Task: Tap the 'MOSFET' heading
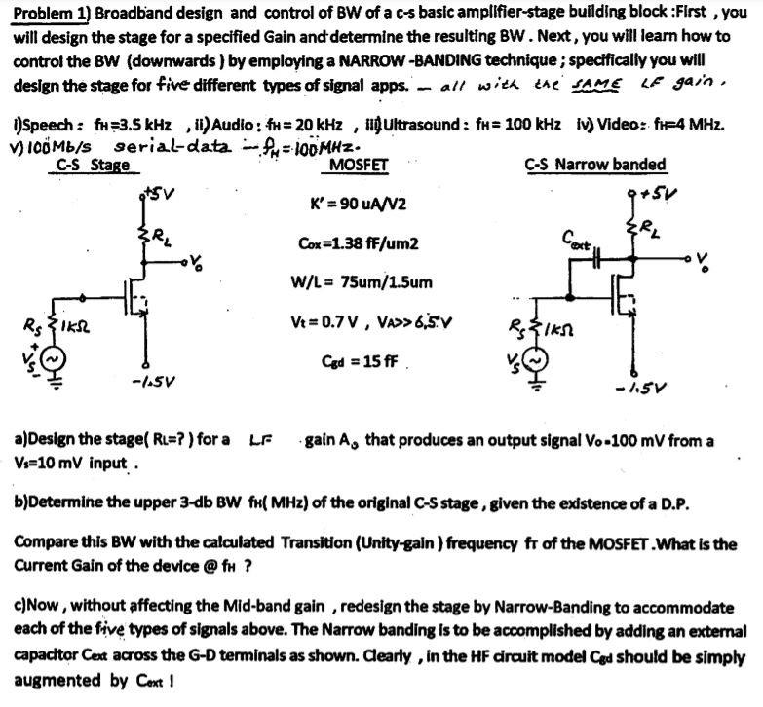pos(359,165)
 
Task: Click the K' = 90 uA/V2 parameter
pos(358,205)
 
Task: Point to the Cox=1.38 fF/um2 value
pos(357,243)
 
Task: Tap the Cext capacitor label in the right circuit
pos(576,236)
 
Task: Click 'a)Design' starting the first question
pos(49,440)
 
